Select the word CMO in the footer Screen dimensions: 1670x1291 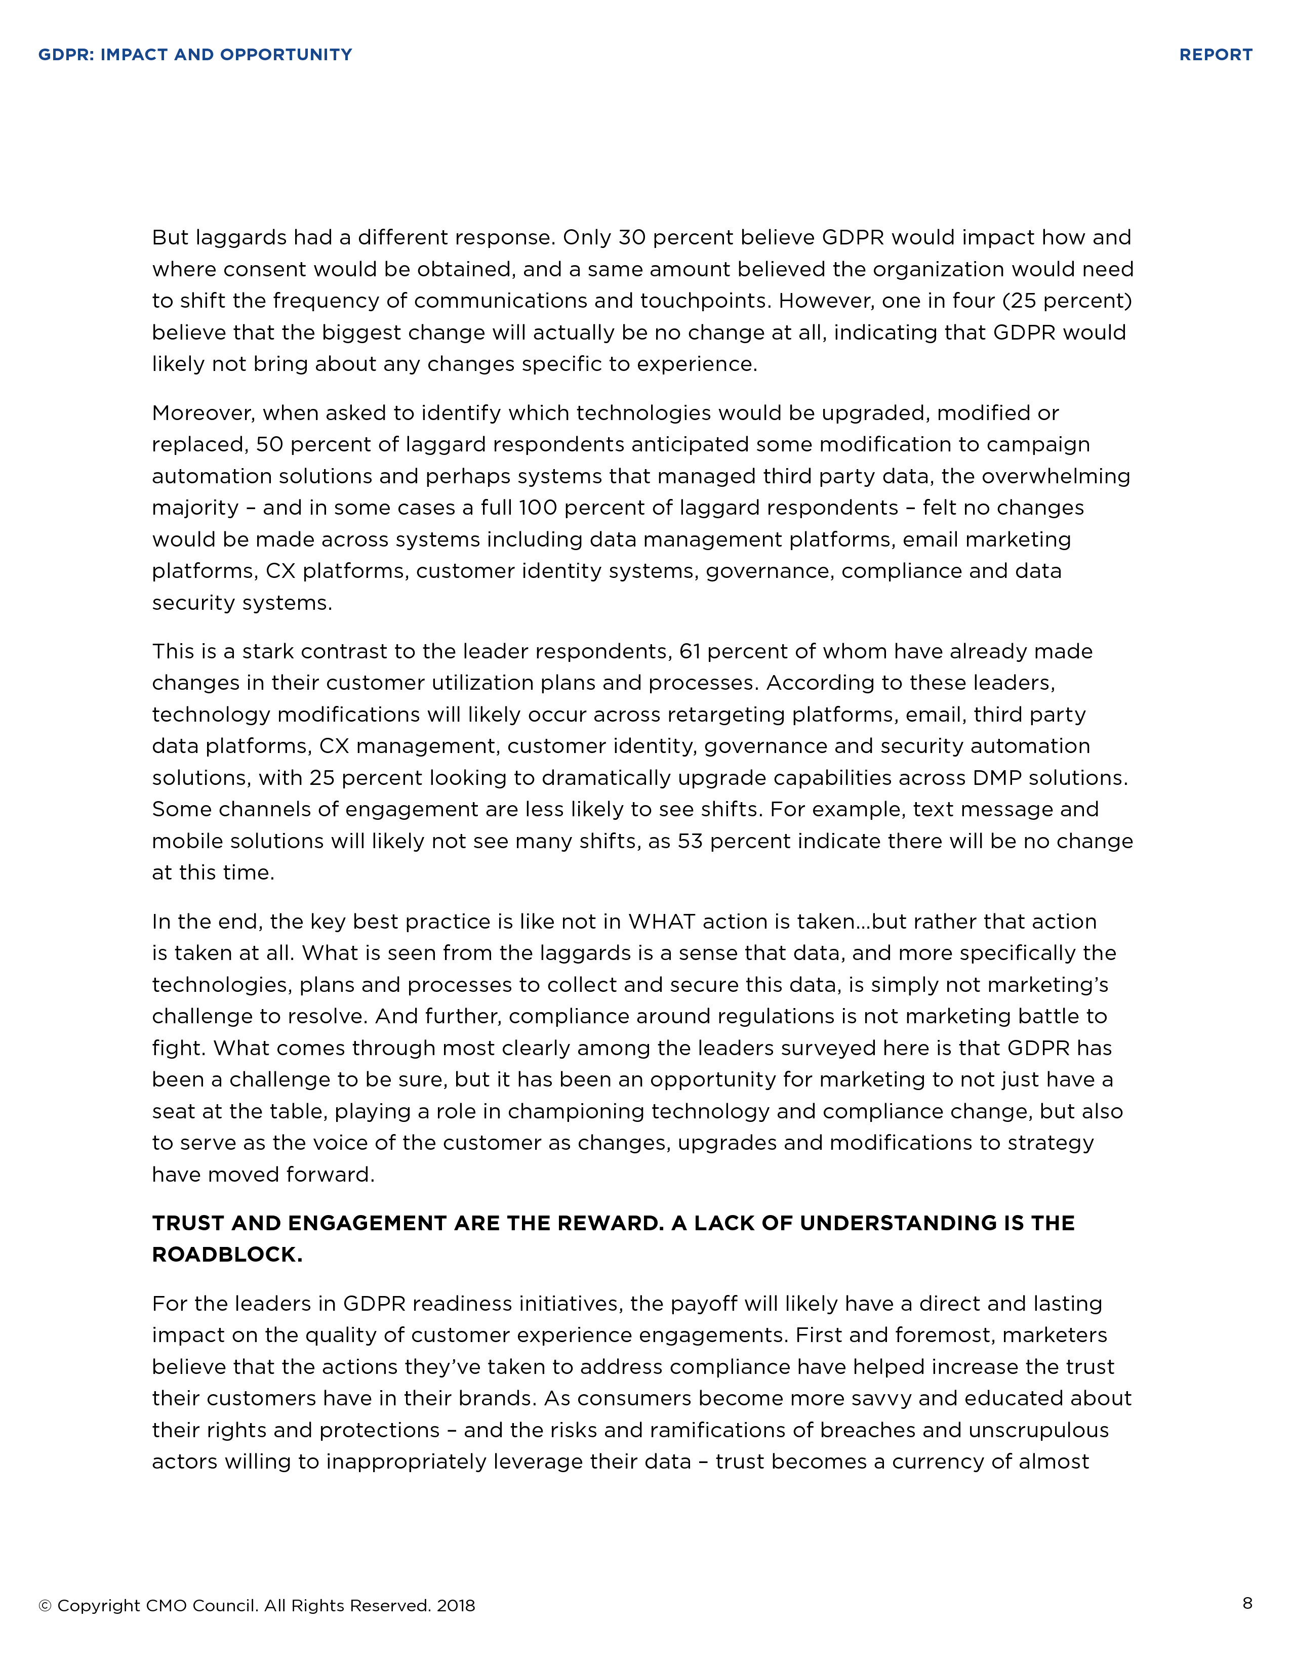tap(166, 1606)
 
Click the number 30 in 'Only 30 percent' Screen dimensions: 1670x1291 tap(632, 238)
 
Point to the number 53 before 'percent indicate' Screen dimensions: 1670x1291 tap(690, 841)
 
